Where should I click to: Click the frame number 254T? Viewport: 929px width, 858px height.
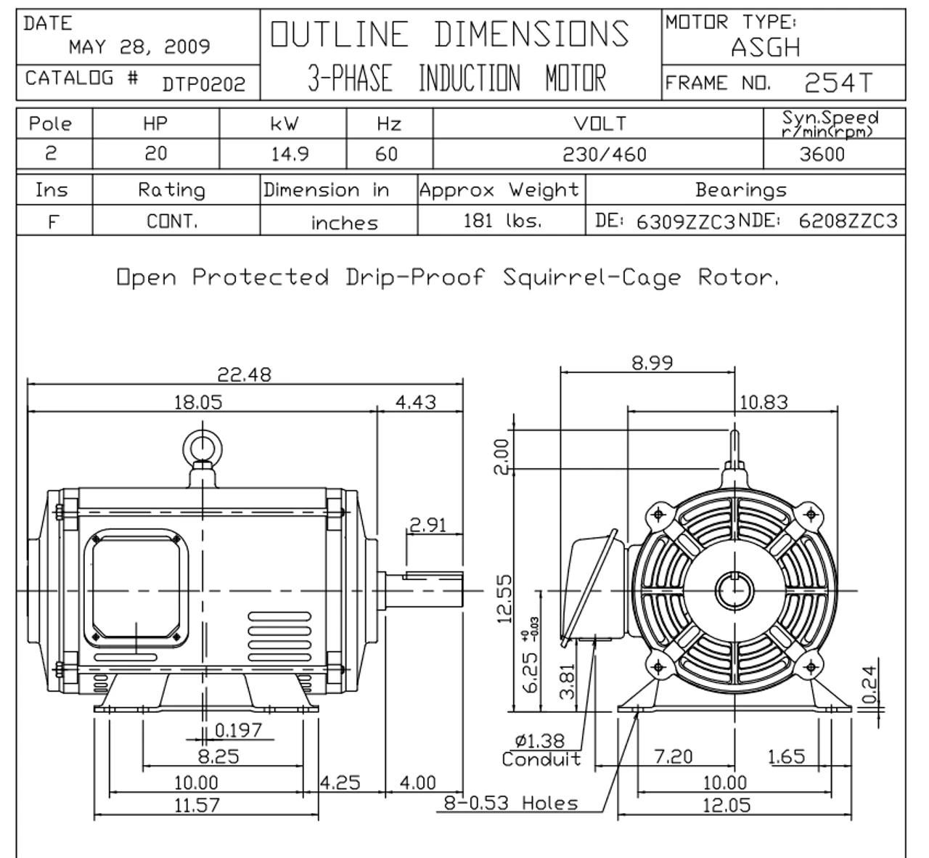838,83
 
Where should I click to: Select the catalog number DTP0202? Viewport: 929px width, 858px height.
204,84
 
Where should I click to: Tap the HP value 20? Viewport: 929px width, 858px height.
156,154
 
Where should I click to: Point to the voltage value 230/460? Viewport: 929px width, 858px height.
605,155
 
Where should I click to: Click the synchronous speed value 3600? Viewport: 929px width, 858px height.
822,155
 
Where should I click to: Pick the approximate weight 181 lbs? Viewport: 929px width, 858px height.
503,221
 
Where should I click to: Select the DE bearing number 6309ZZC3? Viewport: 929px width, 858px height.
686,221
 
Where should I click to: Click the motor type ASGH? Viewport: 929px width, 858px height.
766,47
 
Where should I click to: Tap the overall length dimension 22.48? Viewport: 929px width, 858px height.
244,375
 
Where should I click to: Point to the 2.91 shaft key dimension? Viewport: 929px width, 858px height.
428,526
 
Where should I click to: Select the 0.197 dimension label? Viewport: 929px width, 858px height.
238,730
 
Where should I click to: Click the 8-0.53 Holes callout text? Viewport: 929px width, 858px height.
511,804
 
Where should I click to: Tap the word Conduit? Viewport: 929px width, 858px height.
541,759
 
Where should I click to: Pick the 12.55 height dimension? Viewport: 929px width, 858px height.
504,600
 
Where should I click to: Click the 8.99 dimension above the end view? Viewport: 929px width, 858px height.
652,363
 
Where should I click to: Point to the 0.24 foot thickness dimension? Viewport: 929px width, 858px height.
869,685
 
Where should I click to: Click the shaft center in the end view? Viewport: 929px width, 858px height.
734,591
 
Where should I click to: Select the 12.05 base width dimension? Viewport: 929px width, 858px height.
727,805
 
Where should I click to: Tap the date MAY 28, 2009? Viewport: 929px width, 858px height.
140,46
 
